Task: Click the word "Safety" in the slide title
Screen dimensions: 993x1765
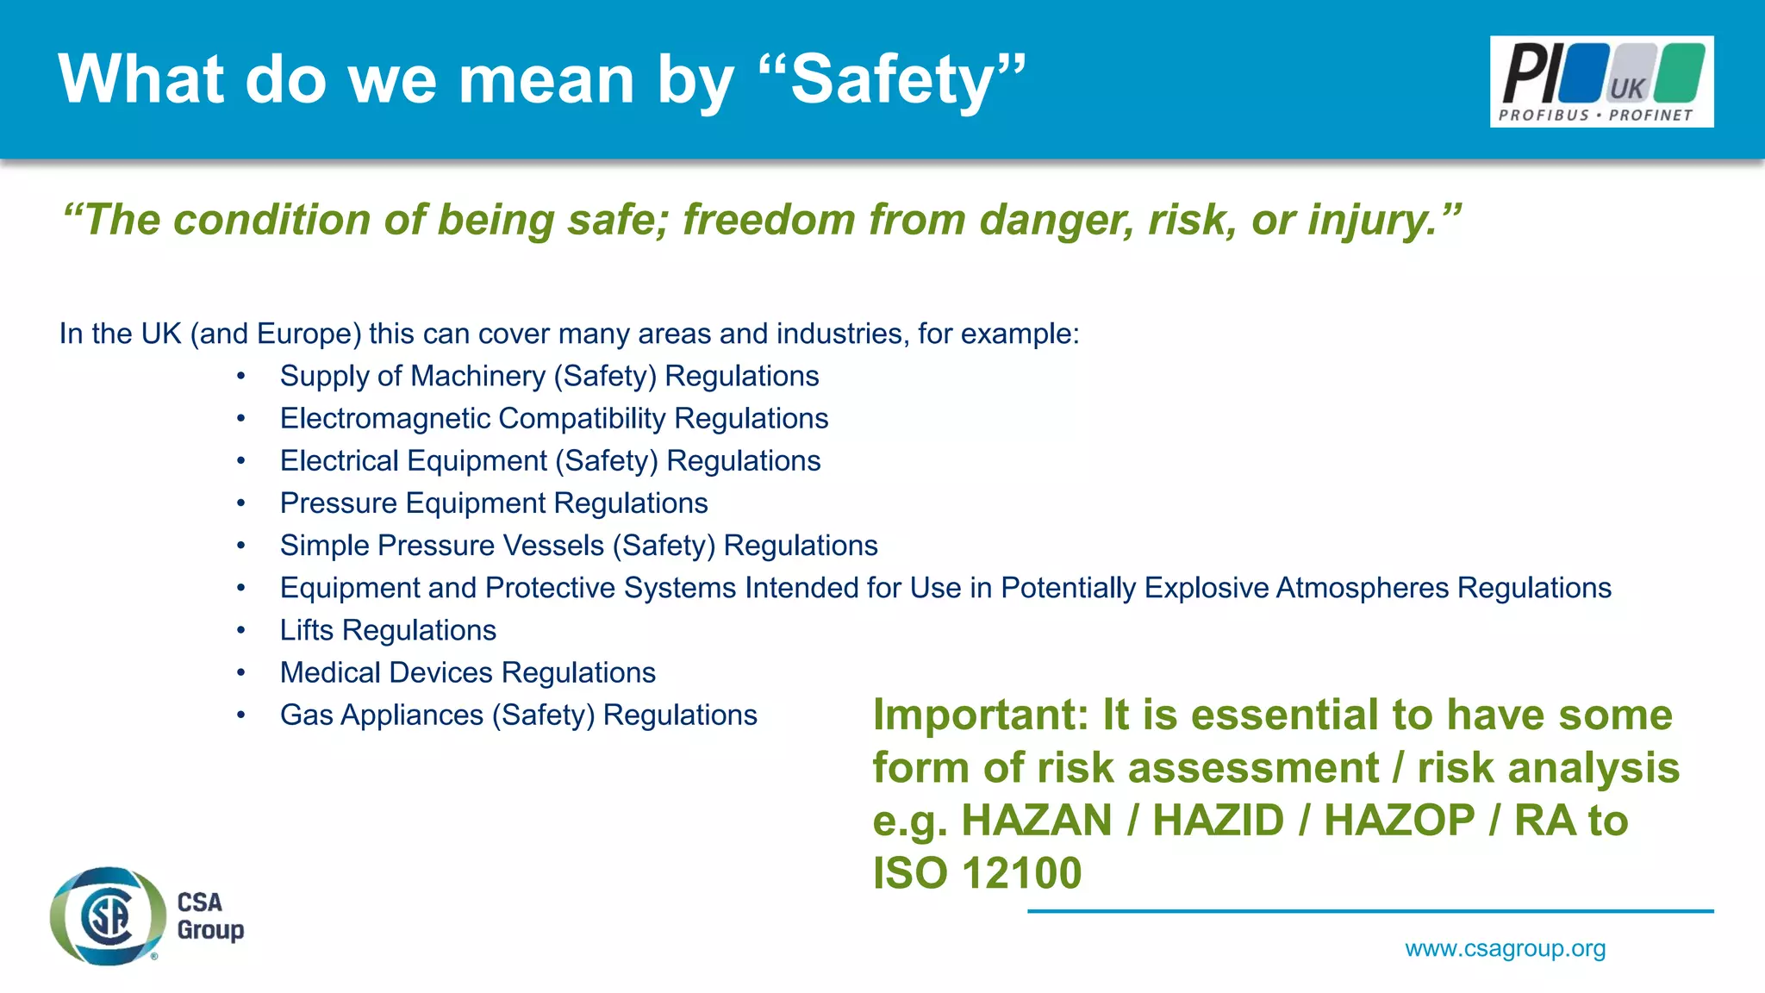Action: point(892,80)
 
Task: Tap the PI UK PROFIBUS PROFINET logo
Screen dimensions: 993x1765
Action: point(1601,82)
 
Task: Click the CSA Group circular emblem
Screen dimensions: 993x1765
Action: point(108,915)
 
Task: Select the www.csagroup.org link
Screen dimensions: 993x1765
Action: point(1505,948)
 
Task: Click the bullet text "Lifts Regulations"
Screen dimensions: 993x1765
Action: point(388,630)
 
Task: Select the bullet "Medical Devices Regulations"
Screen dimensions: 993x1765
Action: point(467,672)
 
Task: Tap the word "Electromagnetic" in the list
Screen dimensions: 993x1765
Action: point(385,419)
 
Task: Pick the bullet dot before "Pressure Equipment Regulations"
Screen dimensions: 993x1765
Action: point(241,503)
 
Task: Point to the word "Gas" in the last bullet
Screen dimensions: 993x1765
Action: point(306,715)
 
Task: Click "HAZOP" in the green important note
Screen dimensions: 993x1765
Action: point(1399,821)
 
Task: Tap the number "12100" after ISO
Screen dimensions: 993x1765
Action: point(1021,873)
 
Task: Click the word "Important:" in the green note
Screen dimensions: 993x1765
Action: point(980,715)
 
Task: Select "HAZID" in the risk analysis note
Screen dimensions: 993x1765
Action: point(1218,821)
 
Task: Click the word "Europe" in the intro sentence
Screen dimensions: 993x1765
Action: point(303,334)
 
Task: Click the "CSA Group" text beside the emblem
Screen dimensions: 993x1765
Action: point(209,915)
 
